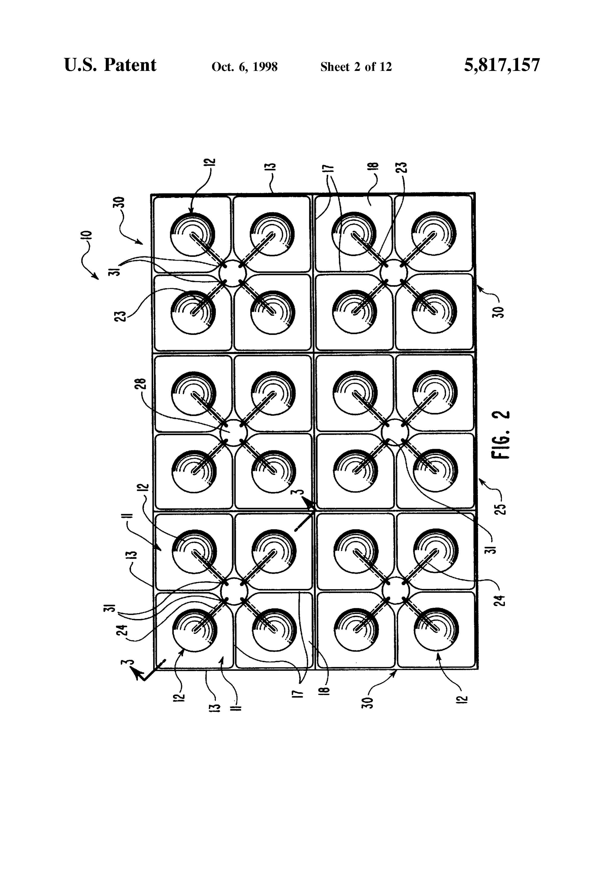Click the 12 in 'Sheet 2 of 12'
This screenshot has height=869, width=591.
click(x=385, y=67)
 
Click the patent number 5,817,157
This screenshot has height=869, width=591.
click(x=502, y=65)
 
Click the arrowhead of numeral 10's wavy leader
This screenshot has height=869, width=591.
click(x=97, y=277)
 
